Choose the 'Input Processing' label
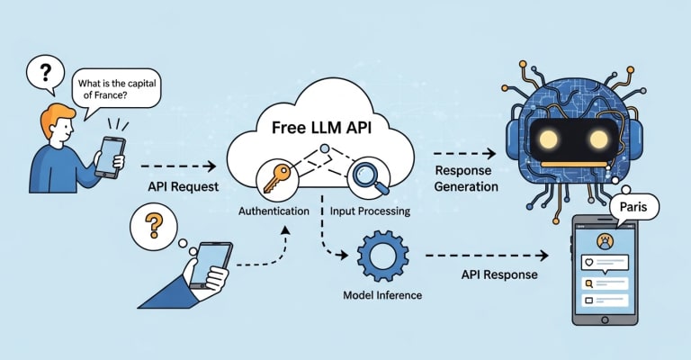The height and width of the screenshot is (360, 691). (x=371, y=211)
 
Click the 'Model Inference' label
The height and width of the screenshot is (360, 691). (x=381, y=295)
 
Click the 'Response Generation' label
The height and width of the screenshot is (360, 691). (x=466, y=179)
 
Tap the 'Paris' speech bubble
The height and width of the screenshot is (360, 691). (x=635, y=208)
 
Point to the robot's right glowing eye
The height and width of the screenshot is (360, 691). (x=598, y=138)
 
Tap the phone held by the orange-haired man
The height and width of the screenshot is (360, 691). (x=112, y=155)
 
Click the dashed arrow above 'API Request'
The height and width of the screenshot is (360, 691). (x=180, y=166)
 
